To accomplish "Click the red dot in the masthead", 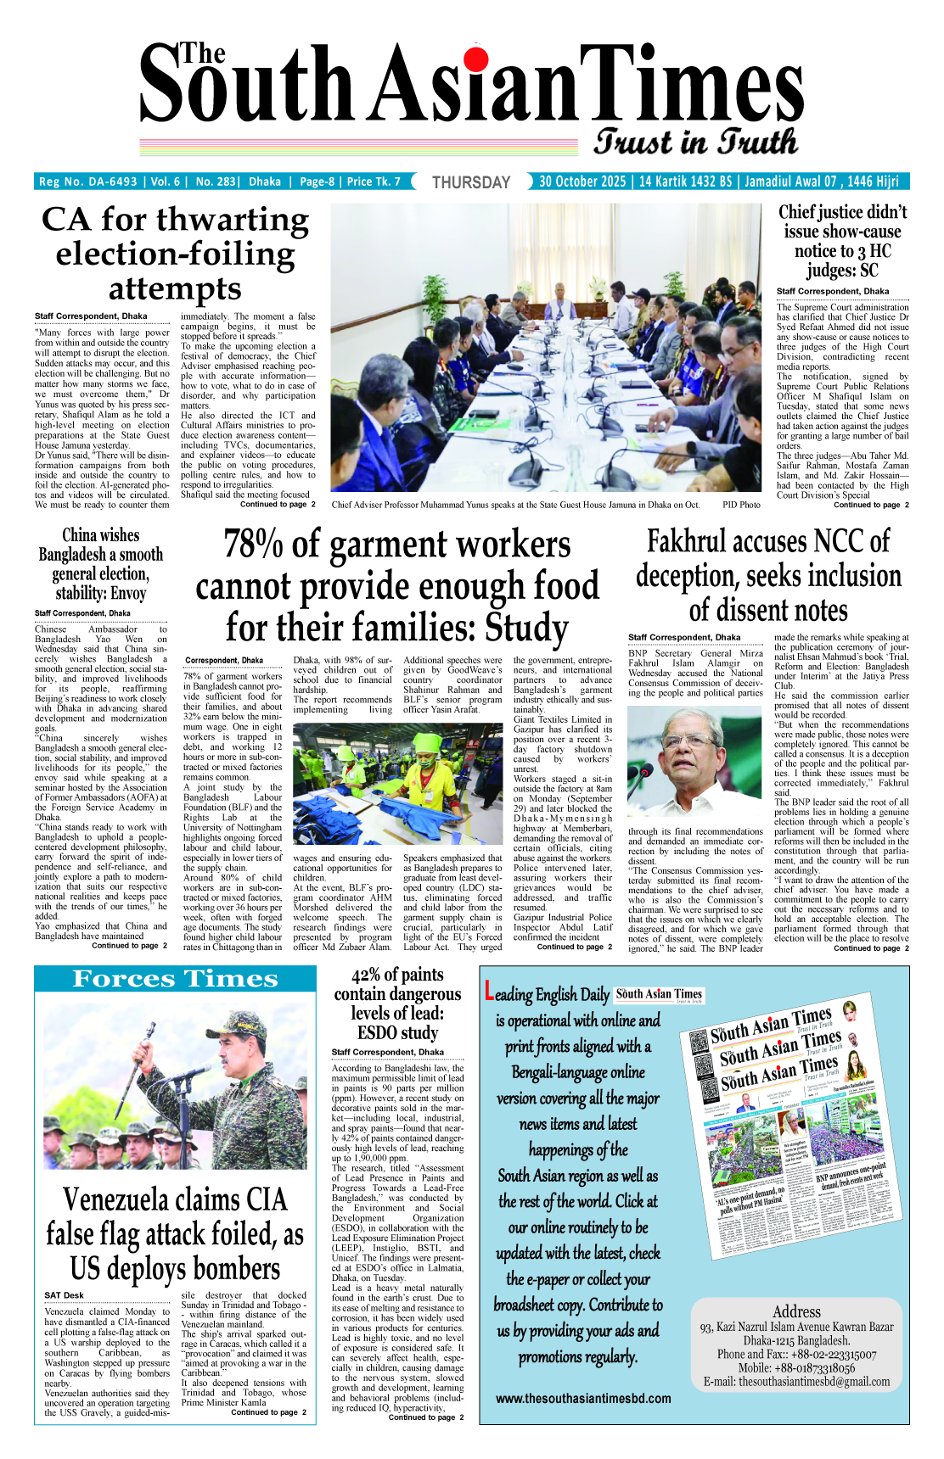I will pos(476,58).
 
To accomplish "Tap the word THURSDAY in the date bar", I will pos(471,182).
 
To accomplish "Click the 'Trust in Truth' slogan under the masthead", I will pos(695,142).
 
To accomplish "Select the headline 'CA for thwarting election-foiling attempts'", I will pos(175,254).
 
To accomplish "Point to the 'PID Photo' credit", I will pos(741,505).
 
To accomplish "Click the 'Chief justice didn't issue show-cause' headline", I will pos(842,241).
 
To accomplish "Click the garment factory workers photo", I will pos(398,784).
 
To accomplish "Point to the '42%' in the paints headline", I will pos(365,975).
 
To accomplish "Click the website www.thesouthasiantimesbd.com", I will pos(583,1399).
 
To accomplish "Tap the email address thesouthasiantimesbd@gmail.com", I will pos(814,1382).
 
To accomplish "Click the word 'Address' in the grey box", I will pos(796,1311).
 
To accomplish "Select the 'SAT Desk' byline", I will pos(65,1295).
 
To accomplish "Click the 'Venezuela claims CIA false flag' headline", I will pos(175,1234).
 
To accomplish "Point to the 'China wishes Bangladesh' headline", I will pos(101,564).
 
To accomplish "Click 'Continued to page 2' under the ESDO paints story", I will pos(426,1417).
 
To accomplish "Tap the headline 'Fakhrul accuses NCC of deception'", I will pos(768,576).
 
